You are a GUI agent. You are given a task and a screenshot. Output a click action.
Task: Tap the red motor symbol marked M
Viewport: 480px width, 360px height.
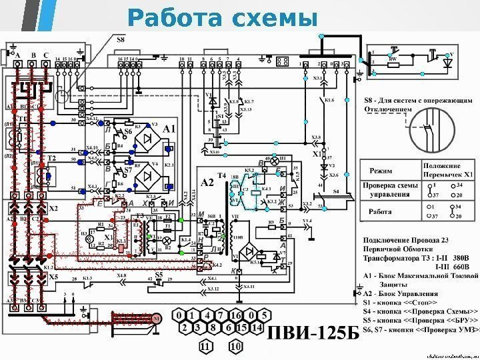click(157, 319)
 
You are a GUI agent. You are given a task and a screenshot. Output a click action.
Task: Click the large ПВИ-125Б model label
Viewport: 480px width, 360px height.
click(313, 331)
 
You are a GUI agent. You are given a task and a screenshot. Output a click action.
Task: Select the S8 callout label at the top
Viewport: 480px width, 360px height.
click(121, 40)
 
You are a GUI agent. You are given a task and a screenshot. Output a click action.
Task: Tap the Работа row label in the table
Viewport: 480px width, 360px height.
click(382, 213)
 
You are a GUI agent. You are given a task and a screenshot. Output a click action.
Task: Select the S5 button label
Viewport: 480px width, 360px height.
click(159, 273)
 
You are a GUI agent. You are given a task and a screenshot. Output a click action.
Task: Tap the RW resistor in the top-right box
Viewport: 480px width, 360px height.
click(393, 59)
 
